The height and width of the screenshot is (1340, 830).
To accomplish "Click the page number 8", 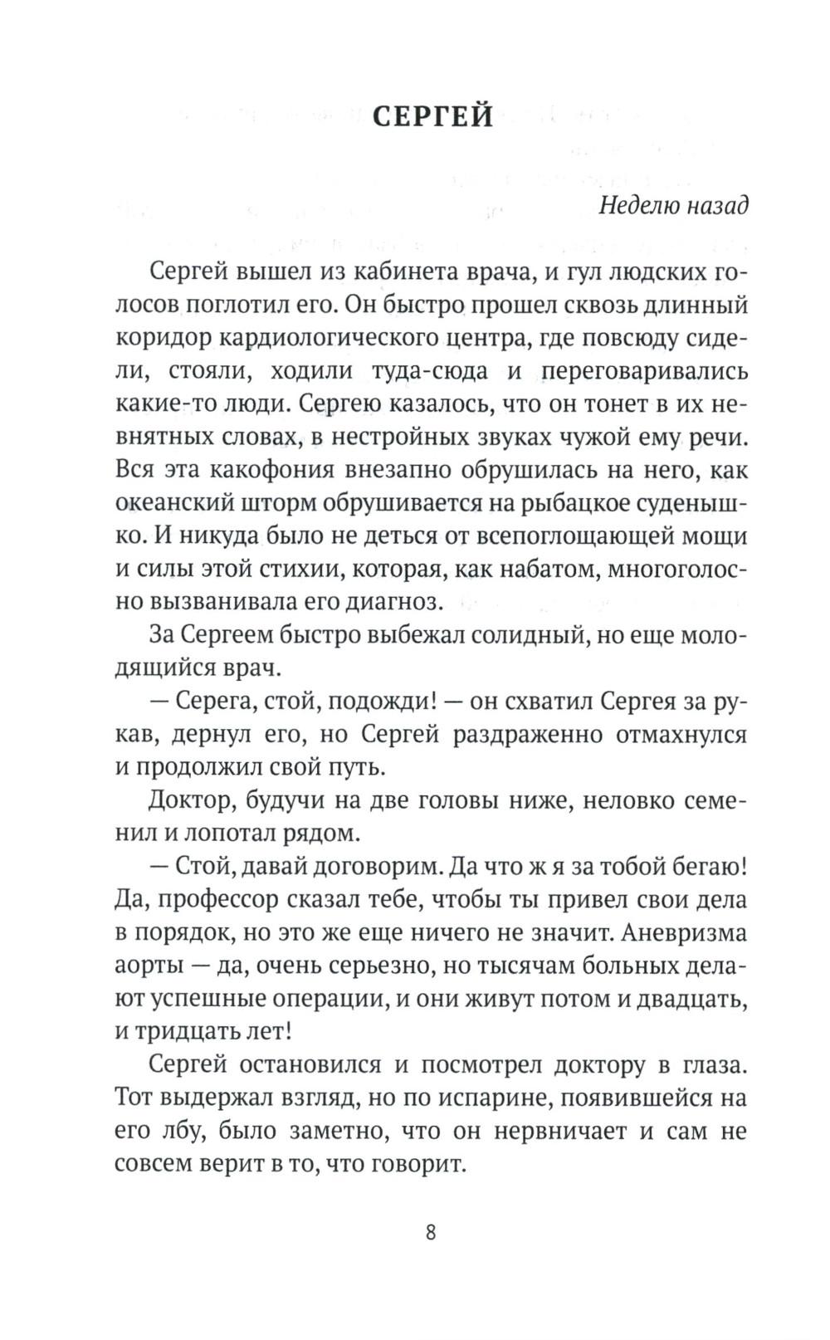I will pos(430,1230).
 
